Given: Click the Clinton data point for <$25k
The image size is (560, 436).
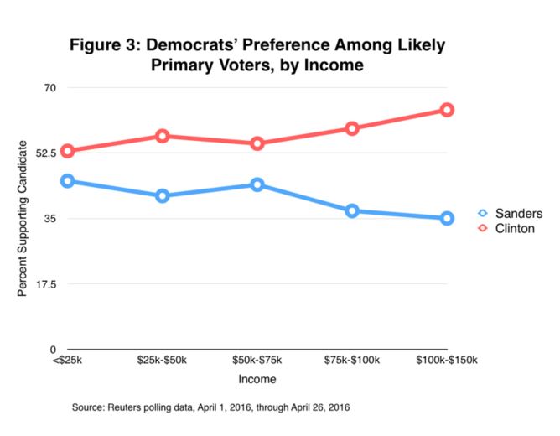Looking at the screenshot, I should (68, 151).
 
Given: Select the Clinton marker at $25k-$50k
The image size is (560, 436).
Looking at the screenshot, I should (163, 136).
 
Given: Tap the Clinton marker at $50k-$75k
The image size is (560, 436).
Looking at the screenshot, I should (257, 143).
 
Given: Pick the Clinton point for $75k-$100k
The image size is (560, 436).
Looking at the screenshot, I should (352, 128).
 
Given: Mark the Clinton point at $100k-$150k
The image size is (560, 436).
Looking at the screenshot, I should (447, 110).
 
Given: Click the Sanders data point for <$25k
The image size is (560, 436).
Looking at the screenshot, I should (68, 181).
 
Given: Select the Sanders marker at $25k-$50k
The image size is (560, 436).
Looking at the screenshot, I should (163, 196).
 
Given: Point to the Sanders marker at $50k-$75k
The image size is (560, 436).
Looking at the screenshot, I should (257, 184).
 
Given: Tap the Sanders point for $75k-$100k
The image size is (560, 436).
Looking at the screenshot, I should (352, 210).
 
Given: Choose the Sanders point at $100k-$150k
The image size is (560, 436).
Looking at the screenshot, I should (447, 218).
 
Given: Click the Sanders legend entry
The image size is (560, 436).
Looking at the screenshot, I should (511, 213).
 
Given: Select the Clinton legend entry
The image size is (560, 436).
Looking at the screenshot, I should (508, 228).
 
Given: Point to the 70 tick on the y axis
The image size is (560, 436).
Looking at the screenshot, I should (49, 87).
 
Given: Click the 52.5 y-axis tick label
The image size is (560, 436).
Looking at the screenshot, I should (45, 153).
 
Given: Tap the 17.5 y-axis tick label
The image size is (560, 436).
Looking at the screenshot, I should (45, 284).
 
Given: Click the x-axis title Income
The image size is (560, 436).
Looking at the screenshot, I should (257, 380).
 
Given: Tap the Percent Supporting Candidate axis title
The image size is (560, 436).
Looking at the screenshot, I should (23, 219).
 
